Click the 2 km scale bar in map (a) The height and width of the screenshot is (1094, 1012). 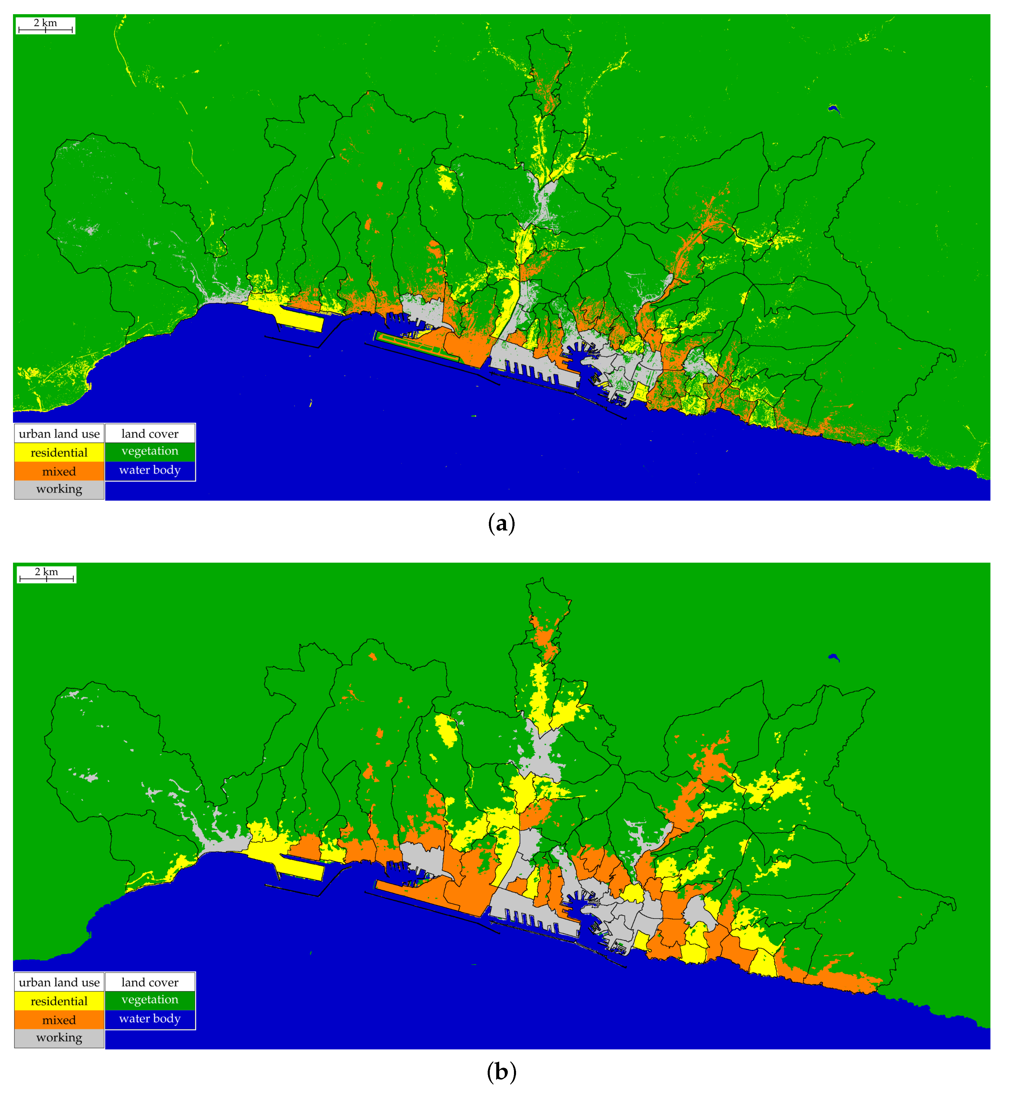point(45,26)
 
